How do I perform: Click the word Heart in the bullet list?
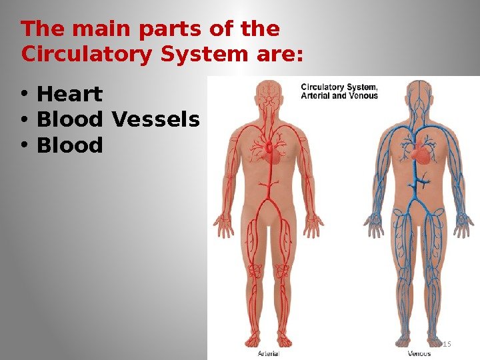point(69,95)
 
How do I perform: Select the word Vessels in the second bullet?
point(156,120)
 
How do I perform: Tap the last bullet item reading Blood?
point(70,145)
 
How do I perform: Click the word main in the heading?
point(95,29)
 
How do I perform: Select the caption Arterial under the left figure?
point(268,353)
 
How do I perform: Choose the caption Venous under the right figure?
point(419,353)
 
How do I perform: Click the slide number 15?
point(447,344)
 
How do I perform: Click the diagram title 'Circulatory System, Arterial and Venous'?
point(339,91)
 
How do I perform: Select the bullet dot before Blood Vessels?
point(24,121)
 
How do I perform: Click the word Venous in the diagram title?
point(364,95)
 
